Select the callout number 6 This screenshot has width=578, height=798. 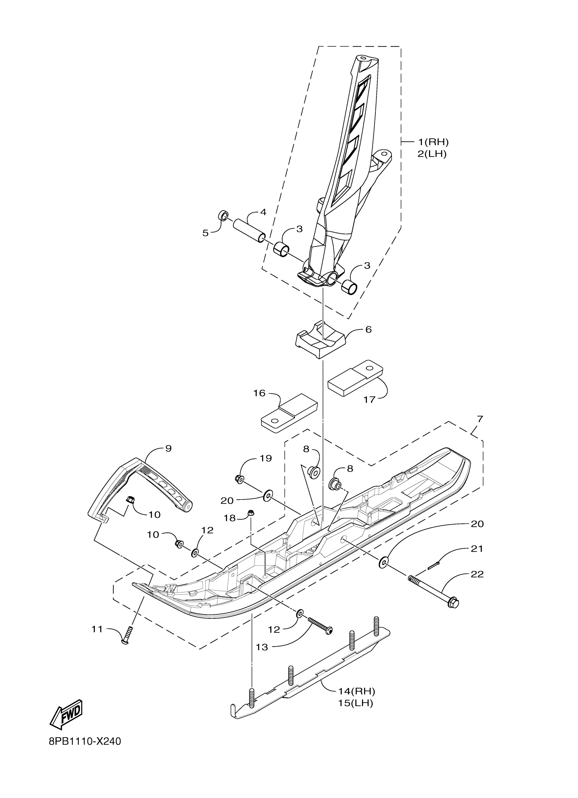368,329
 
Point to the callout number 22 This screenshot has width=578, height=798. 477,574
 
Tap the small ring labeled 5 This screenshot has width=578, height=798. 223,215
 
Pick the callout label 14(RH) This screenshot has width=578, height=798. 356,691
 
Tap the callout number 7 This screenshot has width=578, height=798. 480,419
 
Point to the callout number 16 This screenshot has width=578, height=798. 259,393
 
